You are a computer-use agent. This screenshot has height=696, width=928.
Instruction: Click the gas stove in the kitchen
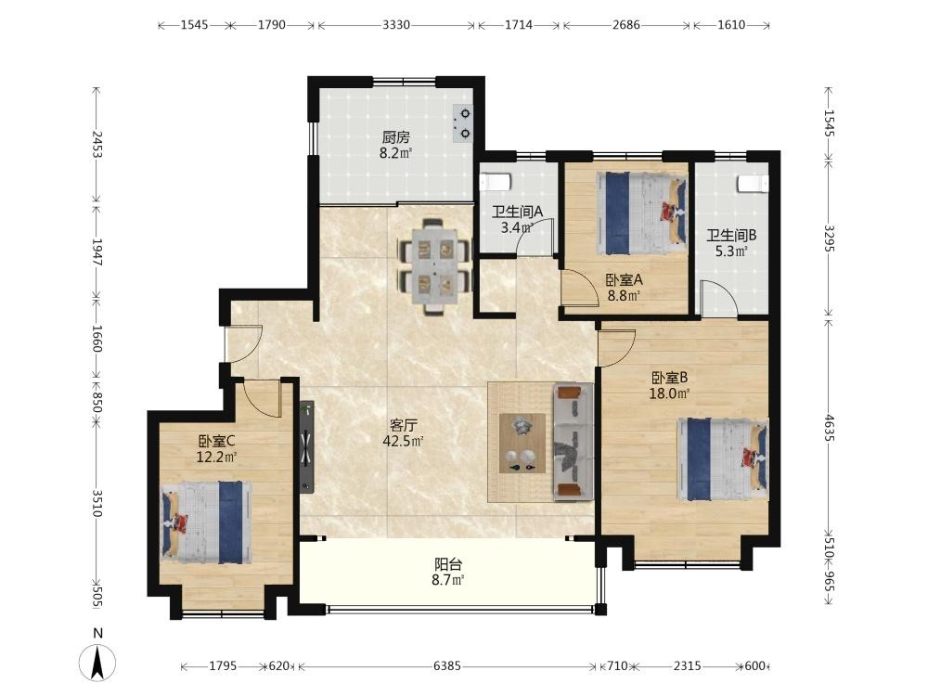[463, 123]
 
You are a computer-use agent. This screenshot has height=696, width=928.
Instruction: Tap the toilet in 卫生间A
[495, 181]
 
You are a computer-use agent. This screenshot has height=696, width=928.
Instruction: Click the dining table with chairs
[435, 265]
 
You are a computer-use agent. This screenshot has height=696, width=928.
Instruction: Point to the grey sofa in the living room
[573, 442]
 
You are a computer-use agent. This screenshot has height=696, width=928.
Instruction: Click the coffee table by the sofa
[522, 443]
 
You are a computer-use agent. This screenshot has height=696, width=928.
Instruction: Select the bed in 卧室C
[207, 522]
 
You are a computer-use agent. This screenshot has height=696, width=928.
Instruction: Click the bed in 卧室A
[641, 213]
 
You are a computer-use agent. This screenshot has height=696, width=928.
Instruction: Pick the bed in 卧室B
[723, 459]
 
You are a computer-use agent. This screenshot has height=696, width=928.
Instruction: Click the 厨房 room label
[395, 138]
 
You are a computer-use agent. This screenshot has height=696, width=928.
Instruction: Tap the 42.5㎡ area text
[403, 441]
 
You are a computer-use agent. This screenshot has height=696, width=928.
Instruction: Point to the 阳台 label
[447, 564]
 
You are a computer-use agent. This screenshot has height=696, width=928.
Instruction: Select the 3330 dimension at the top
[396, 25]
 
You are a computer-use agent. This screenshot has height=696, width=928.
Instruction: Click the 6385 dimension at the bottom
[447, 665]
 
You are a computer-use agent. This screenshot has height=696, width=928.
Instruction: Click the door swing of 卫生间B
[716, 296]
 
